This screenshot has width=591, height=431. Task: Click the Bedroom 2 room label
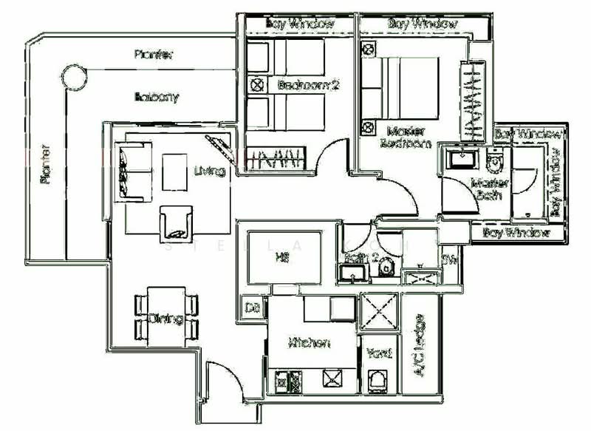(x=307, y=85)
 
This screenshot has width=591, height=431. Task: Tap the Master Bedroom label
(x=405, y=138)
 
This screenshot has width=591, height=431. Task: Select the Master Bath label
(x=485, y=189)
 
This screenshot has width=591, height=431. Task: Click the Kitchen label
(x=309, y=343)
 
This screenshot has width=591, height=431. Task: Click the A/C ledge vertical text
(x=420, y=346)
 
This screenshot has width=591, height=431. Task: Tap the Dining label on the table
(x=165, y=319)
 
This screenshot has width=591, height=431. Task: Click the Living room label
(x=208, y=172)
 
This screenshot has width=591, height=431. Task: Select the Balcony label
(x=157, y=97)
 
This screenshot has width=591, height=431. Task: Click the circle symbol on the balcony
(x=73, y=75)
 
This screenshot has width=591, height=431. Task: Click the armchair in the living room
(x=178, y=223)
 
